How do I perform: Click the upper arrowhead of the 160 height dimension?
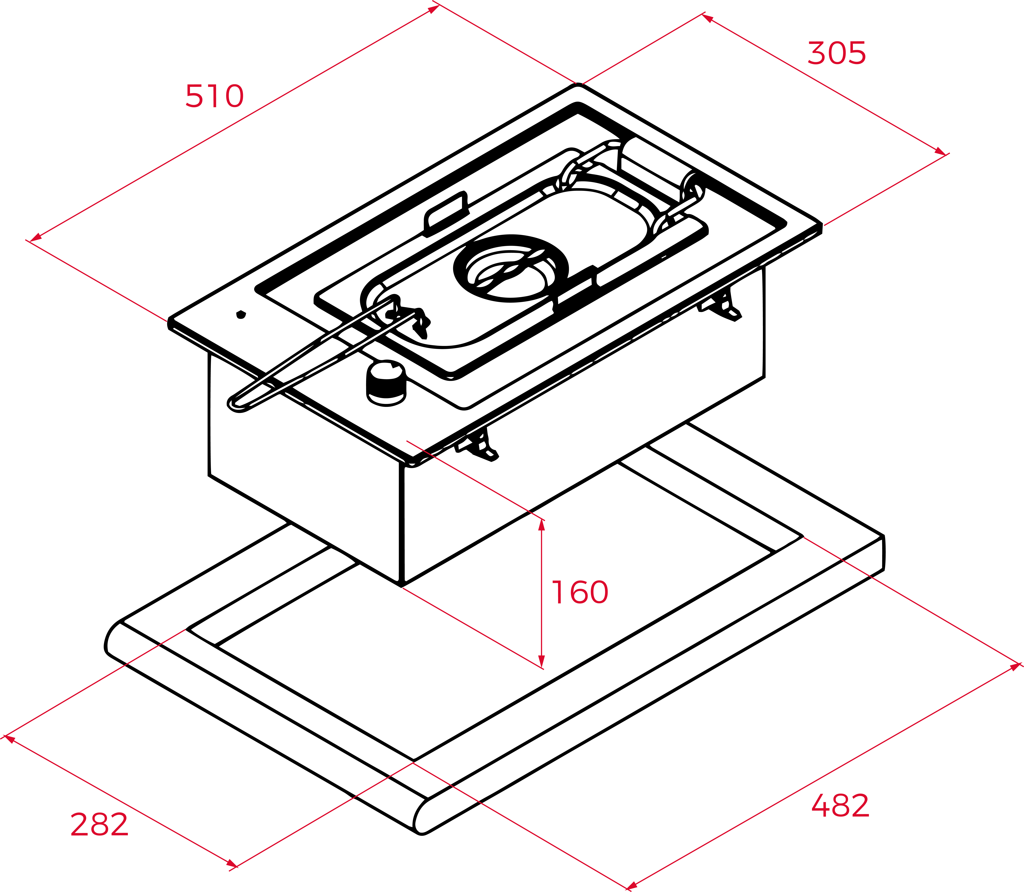(x=542, y=525)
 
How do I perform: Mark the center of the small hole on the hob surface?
(x=241, y=314)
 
